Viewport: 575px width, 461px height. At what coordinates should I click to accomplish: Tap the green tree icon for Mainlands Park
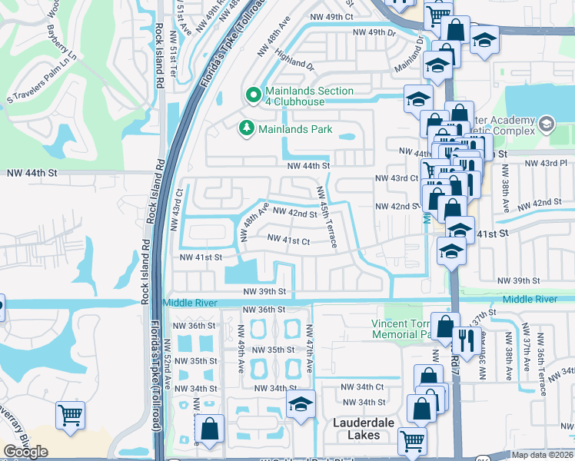point(247,128)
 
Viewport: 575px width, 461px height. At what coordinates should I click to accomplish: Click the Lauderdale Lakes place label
point(368,429)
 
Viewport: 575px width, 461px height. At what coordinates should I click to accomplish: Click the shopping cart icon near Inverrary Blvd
point(70,416)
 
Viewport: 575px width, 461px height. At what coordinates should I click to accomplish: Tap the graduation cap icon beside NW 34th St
point(301,404)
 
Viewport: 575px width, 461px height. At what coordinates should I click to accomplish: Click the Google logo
point(26,452)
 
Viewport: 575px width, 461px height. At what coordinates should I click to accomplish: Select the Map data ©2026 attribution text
point(542,455)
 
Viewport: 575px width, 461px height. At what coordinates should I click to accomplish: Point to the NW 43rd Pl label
point(552,164)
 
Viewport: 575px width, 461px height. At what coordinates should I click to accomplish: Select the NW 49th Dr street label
point(373,32)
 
